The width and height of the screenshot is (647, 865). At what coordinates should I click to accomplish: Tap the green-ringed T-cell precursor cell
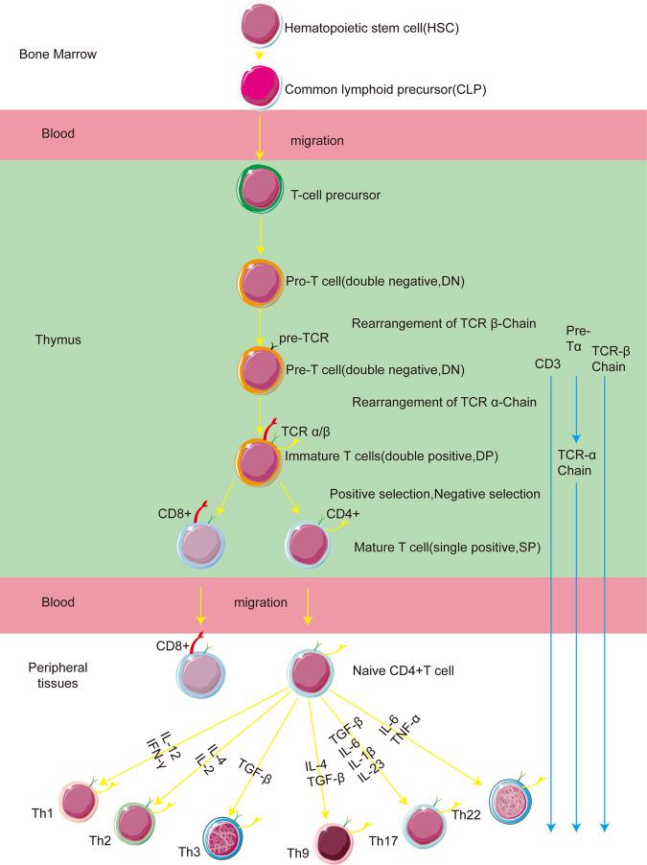260,193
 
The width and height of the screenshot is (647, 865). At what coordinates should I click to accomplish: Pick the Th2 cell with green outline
135,822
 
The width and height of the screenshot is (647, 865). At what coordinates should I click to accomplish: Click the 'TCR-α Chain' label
576,464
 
